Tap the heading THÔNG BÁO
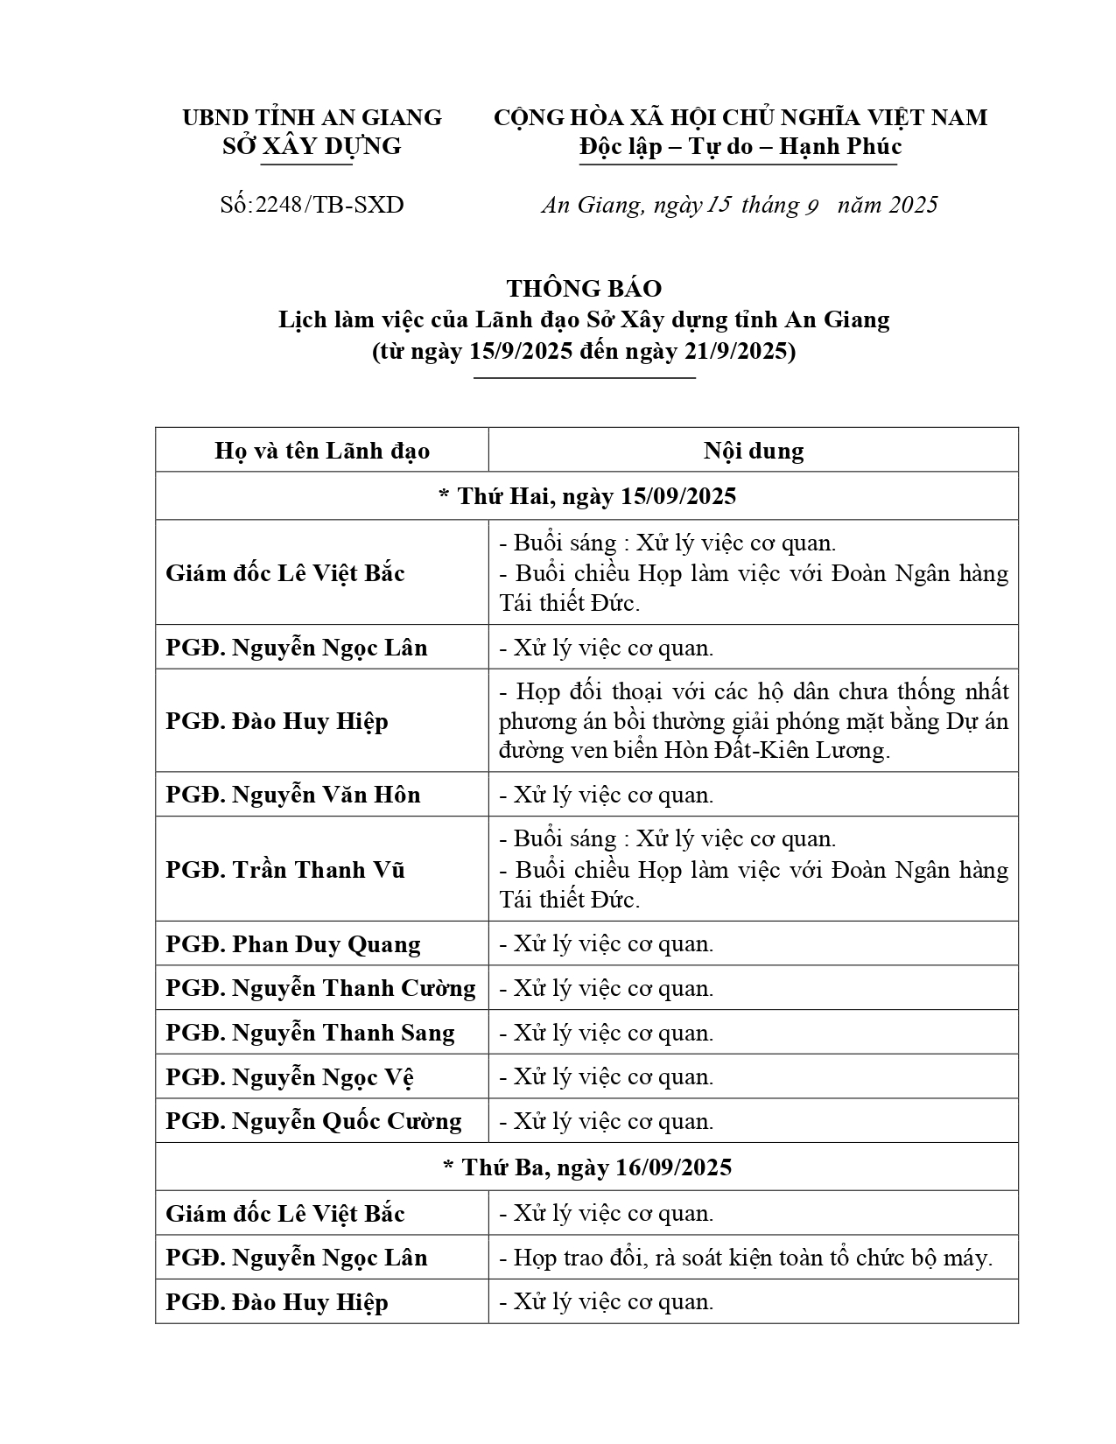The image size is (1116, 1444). pos(584,288)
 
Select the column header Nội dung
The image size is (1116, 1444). pos(753,451)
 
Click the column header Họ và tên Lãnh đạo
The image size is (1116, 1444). pos(322,451)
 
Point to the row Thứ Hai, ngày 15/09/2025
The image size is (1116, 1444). pos(586,496)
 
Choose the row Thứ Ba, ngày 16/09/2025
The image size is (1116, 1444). pos(586,1167)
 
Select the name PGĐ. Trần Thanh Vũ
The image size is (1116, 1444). pos(285,870)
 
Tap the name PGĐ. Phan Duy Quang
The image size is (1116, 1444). pos(293,944)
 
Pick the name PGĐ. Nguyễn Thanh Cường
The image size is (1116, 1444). pos(320,988)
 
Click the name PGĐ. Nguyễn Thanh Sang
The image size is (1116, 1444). pos(310,1033)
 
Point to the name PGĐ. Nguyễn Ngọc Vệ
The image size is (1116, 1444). pos(290,1077)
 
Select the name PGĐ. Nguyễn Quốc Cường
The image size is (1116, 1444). pos(313,1121)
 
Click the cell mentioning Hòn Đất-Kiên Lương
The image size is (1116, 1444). pos(753,721)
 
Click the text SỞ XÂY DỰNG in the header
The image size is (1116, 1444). pos(312,146)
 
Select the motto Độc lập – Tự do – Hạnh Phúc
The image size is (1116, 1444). pos(740,146)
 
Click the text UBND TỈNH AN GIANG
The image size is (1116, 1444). pos(312,117)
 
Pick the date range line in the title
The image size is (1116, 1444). pos(584,351)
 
